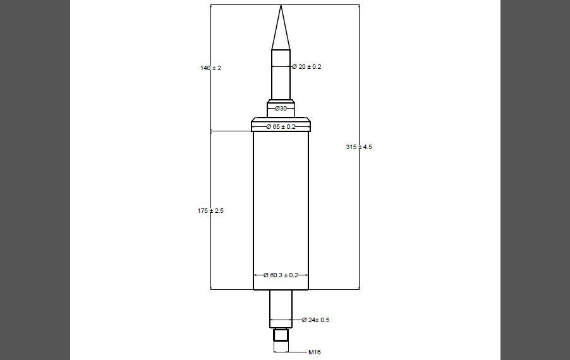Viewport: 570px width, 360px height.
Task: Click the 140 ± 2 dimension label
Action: pyautogui.click(x=210, y=68)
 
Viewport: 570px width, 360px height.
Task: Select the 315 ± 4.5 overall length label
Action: pyautogui.click(x=360, y=147)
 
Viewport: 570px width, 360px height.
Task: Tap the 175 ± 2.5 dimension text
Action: pyautogui.click(x=210, y=210)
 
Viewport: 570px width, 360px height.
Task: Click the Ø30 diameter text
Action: pyautogui.click(x=281, y=109)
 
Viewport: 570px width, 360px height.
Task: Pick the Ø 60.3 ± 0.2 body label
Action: pyautogui.click(x=281, y=275)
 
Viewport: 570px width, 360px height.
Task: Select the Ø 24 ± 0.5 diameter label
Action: pyautogui.click(x=315, y=320)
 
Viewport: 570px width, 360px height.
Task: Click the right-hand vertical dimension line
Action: pyautogui.click(x=359, y=221)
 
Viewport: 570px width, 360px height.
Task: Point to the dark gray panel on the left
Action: pyautogui.click(x=35, y=180)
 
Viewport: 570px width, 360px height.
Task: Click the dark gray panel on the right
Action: pyautogui.click(x=535, y=180)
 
